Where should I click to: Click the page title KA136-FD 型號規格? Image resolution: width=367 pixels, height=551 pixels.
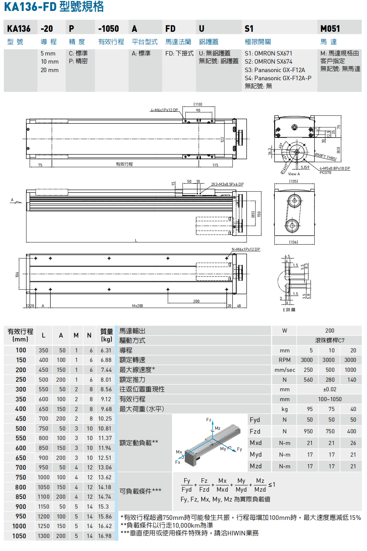(x=54, y=7)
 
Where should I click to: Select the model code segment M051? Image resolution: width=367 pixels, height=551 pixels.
(x=330, y=29)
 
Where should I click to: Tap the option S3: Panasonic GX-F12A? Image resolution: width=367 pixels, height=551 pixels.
(x=274, y=70)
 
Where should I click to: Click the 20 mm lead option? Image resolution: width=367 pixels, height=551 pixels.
(x=49, y=70)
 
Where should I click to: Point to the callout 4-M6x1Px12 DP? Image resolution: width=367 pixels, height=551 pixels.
(x=164, y=110)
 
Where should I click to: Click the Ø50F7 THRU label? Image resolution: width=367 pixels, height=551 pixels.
(x=326, y=156)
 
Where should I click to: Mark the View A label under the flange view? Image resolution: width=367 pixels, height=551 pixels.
(x=294, y=174)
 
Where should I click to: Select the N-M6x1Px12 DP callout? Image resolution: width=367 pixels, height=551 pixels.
(x=245, y=249)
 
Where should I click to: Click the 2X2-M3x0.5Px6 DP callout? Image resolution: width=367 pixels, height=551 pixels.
(x=227, y=184)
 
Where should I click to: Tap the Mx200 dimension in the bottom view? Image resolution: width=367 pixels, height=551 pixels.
(x=137, y=306)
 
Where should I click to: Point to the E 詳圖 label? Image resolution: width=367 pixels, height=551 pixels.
(x=289, y=310)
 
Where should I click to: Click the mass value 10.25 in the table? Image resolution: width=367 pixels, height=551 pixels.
(x=105, y=418)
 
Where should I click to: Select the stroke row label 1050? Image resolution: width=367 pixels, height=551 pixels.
(x=19, y=536)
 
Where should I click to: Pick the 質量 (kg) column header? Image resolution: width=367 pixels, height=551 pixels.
(x=106, y=335)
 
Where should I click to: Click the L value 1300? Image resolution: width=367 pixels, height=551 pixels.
(x=43, y=536)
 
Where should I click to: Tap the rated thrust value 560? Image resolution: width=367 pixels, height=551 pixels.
(x=308, y=380)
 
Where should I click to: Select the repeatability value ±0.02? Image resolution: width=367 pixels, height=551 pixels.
(x=329, y=389)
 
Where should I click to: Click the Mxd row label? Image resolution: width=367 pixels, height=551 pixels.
(x=256, y=443)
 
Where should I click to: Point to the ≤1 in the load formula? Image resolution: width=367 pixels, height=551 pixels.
(x=272, y=485)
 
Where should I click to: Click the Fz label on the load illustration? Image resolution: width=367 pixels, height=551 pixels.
(x=208, y=420)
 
